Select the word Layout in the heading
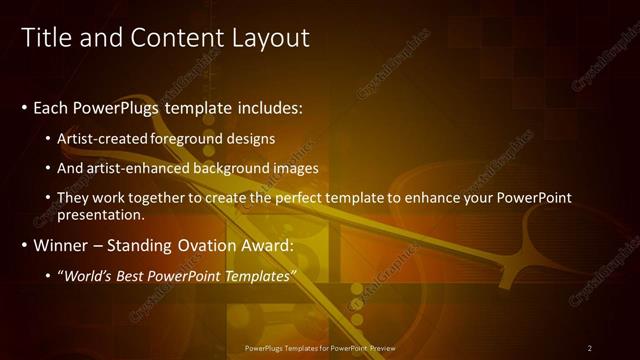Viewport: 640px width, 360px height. pos(273,38)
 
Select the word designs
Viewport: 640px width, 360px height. pos(254,138)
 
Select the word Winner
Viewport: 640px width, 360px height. pos(63,245)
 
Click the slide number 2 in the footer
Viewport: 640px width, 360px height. pos(590,348)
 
